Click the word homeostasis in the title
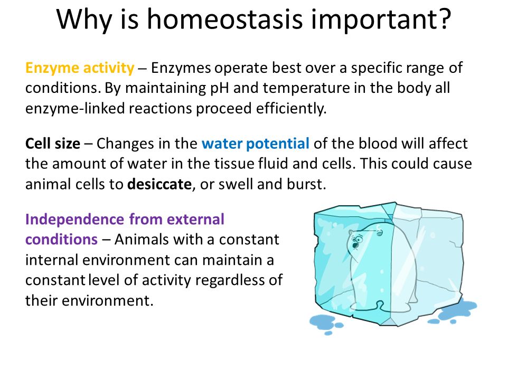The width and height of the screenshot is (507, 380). (x=225, y=19)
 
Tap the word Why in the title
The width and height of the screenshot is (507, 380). (x=84, y=20)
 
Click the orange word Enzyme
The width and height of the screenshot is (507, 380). (x=52, y=69)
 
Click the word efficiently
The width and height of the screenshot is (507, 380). (x=292, y=109)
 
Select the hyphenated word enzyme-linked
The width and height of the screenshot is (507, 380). (x=75, y=109)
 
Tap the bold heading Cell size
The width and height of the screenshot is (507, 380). (x=53, y=144)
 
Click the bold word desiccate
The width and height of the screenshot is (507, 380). (x=159, y=184)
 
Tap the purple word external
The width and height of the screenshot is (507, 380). (x=195, y=220)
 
